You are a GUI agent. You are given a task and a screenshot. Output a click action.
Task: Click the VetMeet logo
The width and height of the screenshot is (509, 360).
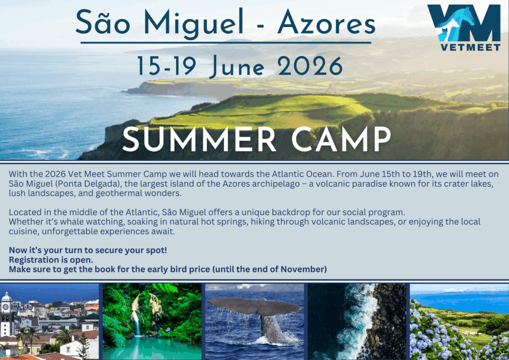(464, 27)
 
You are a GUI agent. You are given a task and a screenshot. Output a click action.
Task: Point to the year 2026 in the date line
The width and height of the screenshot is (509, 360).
(310, 66)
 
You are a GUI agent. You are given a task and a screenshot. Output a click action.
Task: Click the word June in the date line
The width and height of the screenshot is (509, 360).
(237, 67)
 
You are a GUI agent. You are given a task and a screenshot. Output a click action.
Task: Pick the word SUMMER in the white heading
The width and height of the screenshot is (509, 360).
(199, 139)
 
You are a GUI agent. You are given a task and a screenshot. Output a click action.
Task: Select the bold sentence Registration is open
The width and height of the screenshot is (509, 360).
(51, 260)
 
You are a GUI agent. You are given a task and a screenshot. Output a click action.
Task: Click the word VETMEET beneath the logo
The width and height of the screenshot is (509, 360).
(470, 47)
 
